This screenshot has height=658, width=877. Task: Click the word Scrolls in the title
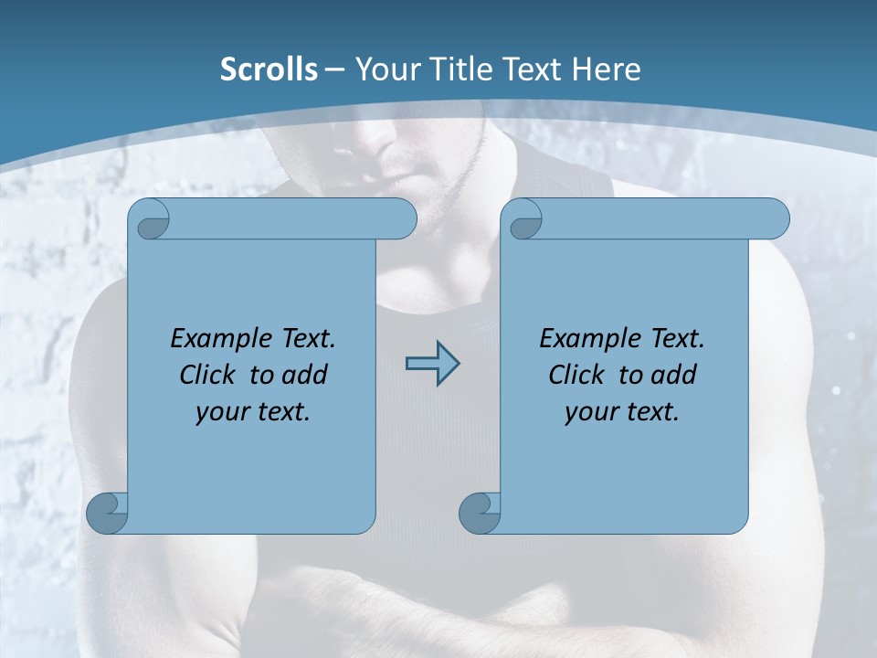tap(269, 69)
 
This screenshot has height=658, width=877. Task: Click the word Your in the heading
tap(383, 69)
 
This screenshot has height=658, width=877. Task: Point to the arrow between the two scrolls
tap(432, 363)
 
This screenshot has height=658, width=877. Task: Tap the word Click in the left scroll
tap(210, 375)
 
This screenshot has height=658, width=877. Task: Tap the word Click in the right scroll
tap(577, 375)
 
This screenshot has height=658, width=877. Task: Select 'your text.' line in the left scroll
tap(253, 411)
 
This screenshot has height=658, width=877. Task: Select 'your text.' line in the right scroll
tap(622, 411)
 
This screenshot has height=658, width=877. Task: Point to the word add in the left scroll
tap(305, 375)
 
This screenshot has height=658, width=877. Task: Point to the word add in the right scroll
tap(674, 375)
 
